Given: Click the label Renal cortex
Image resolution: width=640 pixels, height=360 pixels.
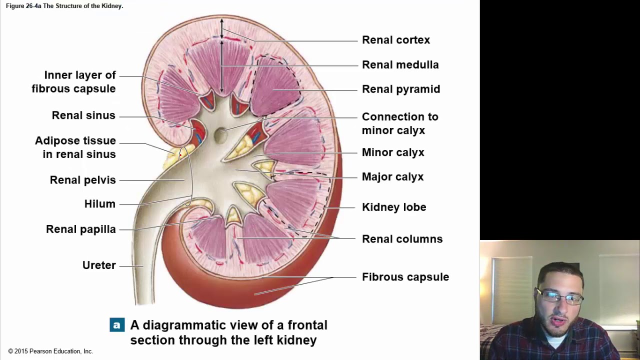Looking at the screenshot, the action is click(395, 40).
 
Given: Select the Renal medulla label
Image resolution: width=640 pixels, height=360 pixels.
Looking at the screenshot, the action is click(400, 64).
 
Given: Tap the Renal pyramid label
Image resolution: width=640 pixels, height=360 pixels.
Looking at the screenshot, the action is click(401, 89).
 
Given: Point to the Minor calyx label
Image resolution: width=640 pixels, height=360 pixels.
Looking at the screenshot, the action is click(393, 152).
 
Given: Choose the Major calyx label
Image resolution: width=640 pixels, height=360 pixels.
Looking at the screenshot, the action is click(392, 177).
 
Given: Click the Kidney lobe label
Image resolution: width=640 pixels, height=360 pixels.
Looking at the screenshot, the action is click(394, 207).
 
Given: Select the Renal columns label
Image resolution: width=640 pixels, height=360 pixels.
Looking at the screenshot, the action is click(402, 239).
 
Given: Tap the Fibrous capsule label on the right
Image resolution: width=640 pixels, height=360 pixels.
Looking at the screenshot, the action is click(405, 277).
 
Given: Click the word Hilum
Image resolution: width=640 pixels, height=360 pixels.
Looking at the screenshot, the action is click(100, 204).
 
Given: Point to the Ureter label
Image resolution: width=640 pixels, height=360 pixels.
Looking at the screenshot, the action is click(99, 265).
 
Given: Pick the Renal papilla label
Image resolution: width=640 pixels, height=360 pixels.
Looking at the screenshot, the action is click(81, 229).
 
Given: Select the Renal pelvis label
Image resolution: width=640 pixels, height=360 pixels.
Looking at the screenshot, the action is click(83, 180).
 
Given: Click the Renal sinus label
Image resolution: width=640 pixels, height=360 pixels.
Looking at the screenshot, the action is click(83, 115).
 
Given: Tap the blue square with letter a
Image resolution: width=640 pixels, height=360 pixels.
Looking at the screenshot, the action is click(117, 325).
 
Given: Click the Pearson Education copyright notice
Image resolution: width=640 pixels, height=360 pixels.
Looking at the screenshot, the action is click(50, 351).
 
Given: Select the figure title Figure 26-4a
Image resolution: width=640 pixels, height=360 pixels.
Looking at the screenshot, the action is click(64, 6).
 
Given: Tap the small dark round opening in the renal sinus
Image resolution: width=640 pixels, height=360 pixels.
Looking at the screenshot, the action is click(219, 134).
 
